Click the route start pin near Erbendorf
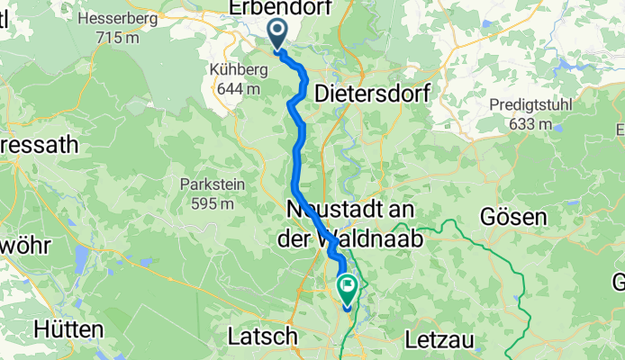pos(276,34)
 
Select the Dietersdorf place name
pos(373,93)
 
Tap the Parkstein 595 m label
pos(212,194)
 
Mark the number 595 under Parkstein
pos(204,203)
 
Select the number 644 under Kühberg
pos(228,89)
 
